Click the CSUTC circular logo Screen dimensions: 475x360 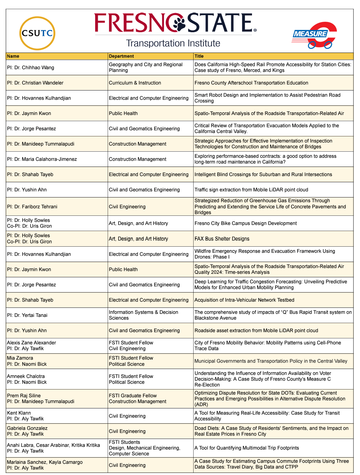(37, 33)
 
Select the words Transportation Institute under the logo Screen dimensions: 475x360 (173, 43)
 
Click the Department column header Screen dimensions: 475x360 (121, 56)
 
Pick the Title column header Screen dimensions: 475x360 (199, 56)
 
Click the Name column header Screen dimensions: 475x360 (13, 56)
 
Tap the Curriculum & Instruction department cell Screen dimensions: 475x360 (135, 83)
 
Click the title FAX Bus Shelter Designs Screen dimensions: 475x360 (222, 239)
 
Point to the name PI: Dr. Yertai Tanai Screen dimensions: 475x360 (27, 315)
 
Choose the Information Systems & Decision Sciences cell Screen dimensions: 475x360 (143, 315)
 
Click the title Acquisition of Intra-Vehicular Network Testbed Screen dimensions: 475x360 (244, 300)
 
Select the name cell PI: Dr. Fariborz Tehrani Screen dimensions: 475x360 (32, 207)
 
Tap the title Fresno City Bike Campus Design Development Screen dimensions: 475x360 (246, 223)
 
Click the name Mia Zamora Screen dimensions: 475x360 (20, 358)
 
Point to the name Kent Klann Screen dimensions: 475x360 (19, 413)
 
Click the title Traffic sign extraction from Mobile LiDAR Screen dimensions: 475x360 (251, 190)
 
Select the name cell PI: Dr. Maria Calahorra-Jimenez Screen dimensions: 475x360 (42, 159)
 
